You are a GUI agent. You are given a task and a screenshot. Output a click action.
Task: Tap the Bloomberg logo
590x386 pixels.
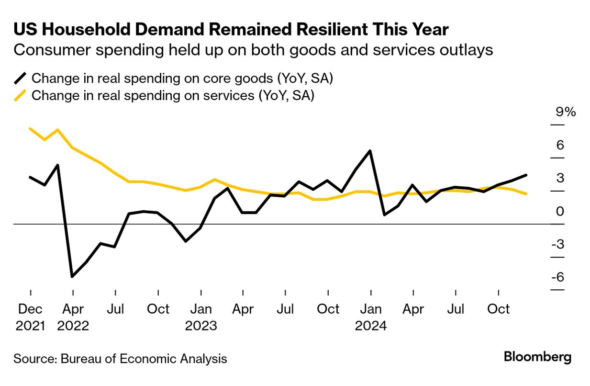(x=537, y=357)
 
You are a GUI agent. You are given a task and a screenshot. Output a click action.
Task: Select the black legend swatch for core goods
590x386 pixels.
(x=20, y=79)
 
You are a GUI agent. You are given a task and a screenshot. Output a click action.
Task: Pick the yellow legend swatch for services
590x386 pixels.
(x=20, y=95)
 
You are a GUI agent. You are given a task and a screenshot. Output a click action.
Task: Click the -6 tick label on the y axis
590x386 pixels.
(x=557, y=278)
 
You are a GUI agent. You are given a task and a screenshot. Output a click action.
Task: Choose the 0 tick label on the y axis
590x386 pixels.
(x=560, y=211)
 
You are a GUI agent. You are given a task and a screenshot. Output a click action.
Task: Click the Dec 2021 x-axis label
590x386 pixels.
(x=30, y=317)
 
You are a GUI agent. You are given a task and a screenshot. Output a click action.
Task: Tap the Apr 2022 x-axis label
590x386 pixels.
(x=73, y=317)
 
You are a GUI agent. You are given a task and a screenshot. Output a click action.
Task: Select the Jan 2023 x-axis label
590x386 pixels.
(x=201, y=317)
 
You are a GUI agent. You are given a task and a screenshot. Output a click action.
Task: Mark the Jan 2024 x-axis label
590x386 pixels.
(x=370, y=317)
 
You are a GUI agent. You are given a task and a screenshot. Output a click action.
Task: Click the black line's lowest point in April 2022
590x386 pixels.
(x=72, y=276)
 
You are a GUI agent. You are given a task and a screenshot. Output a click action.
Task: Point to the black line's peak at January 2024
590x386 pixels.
(x=370, y=151)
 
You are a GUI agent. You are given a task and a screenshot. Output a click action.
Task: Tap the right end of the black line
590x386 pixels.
(x=526, y=175)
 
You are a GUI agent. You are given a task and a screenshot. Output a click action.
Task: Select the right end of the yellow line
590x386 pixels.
(x=526, y=194)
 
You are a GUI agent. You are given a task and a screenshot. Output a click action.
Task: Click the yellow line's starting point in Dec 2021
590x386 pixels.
(x=30, y=129)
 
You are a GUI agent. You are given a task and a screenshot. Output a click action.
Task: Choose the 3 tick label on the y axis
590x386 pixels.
(x=560, y=178)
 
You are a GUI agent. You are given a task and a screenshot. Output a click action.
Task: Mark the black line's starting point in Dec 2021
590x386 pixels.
(x=30, y=177)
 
